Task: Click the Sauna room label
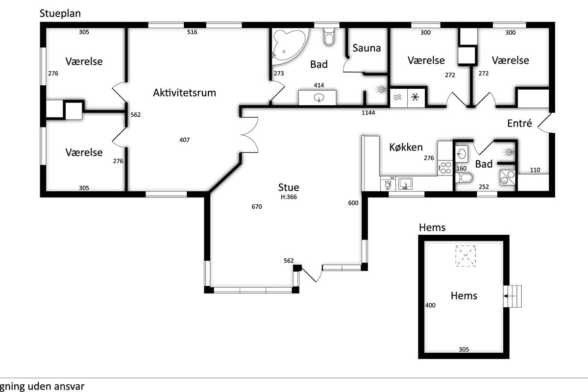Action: (x=367, y=48)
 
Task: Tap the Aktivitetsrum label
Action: (x=184, y=93)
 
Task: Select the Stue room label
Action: (x=289, y=187)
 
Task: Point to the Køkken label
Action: (x=406, y=147)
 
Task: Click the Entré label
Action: (x=519, y=123)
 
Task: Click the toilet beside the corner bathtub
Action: (x=329, y=37)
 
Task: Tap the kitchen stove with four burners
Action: (x=445, y=168)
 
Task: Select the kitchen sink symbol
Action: (x=405, y=183)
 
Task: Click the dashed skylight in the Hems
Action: (x=465, y=256)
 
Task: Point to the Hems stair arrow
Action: (x=510, y=296)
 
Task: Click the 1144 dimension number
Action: (x=368, y=113)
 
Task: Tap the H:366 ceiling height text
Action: (x=289, y=197)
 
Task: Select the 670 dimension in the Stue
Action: (x=257, y=207)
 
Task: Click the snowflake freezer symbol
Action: (x=415, y=97)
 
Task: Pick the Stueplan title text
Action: (x=60, y=14)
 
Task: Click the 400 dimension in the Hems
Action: (x=430, y=305)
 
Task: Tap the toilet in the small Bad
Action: (x=465, y=178)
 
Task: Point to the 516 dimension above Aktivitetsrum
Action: (x=192, y=32)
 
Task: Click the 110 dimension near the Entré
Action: (x=535, y=170)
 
